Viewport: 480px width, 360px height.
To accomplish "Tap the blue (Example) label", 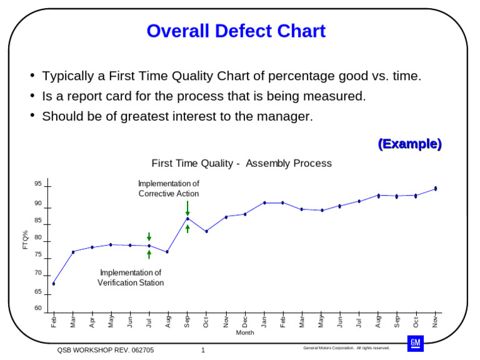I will (x=409, y=144).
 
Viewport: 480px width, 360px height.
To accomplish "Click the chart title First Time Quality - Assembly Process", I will (x=241, y=164).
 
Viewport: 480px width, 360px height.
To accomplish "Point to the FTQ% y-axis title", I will (x=26, y=240).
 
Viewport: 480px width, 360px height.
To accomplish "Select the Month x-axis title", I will (x=245, y=332).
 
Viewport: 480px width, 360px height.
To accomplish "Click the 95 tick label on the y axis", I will (x=38, y=184).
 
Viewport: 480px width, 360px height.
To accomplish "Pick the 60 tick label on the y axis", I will (x=38, y=308).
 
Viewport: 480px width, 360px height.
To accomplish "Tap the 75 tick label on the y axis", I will (x=38, y=255).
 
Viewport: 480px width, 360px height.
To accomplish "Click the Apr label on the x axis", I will (x=92, y=321).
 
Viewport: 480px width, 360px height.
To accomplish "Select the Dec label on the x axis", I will (x=245, y=321).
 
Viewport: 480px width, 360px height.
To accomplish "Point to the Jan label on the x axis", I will (x=264, y=321).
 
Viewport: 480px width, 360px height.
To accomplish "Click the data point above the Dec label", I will (x=245, y=214).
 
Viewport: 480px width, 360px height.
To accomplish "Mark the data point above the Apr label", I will (x=92, y=247).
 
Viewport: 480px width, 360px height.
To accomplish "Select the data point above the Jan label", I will (x=264, y=202).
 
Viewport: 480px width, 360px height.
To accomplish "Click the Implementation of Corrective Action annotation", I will (x=169, y=189).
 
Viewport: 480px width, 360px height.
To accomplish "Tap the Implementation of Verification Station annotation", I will (x=131, y=277).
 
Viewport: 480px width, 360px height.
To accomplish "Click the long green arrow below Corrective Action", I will (x=187, y=208).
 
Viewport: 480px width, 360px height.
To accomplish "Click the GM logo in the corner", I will (x=416, y=342).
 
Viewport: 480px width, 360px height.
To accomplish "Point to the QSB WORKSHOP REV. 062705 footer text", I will (x=106, y=350).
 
